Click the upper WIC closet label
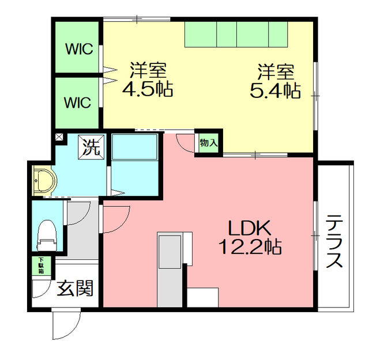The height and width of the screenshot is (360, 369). coord(80,49)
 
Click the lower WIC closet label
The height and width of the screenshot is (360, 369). coord(78,103)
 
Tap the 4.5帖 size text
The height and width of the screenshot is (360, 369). coord(148,90)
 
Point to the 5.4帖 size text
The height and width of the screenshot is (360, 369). coord(275,90)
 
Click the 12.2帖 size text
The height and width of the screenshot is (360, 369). coord(250,247)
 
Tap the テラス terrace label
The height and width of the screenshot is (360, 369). coord(334,241)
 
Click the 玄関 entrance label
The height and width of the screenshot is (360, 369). coord(76,288)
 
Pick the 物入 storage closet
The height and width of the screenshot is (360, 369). coord(209,143)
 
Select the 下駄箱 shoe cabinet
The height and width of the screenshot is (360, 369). coord(42,266)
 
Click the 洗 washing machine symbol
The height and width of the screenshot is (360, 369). coord(91,145)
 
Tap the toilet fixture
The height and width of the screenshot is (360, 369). coord(47,236)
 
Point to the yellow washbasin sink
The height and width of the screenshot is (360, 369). coord(44,180)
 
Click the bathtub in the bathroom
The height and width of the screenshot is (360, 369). coord(134,147)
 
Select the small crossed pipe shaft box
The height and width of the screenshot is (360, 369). coord(59,137)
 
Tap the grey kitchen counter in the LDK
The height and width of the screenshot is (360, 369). coord(170,270)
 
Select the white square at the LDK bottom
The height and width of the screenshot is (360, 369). coord(203,297)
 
